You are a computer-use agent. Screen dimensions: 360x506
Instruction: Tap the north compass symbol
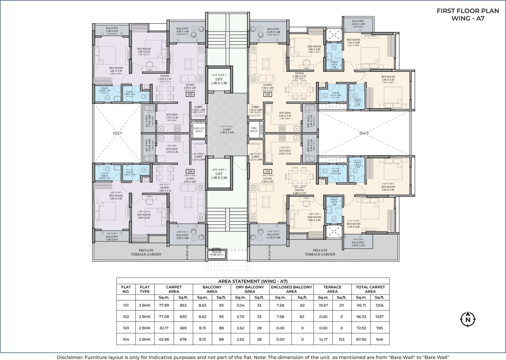point(467,320)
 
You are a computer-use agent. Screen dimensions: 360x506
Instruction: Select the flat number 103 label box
point(190,94)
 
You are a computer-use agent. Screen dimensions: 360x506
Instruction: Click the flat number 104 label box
point(190,172)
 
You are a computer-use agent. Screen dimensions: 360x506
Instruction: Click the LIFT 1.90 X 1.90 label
point(219,81)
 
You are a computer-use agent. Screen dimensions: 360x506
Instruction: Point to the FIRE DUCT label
point(254,130)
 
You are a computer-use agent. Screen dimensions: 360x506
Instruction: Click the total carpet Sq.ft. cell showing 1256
point(379,305)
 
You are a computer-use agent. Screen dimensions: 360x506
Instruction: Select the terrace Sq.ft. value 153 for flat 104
point(341,339)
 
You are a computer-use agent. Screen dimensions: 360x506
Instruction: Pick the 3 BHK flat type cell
point(144,305)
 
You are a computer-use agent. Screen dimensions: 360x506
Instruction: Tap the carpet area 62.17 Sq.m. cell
point(165,328)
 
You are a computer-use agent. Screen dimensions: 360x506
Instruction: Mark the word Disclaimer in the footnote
point(71,357)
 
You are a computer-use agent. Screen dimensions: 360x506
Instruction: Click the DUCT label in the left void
point(117,133)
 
